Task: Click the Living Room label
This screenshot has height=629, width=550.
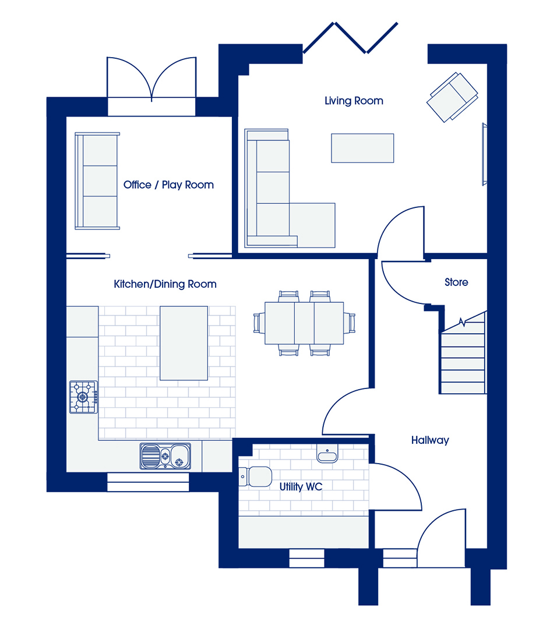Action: pyautogui.click(x=354, y=101)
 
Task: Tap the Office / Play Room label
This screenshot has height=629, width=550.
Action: pyautogui.click(x=168, y=185)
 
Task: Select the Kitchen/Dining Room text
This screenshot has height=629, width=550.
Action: pyautogui.click(x=165, y=284)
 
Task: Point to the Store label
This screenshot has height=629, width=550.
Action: pyautogui.click(x=456, y=282)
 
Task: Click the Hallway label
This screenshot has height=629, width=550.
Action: pyautogui.click(x=430, y=440)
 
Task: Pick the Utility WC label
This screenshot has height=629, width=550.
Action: pyautogui.click(x=301, y=486)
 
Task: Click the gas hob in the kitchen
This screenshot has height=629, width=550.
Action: pyautogui.click(x=83, y=397)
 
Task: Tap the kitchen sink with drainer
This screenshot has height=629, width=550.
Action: pyautogui.click(x=165, y=456)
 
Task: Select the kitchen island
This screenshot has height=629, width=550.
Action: pyautogui.click(x=184, y=343)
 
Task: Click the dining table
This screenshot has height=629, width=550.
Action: pyautogui.click(x=304, y=323)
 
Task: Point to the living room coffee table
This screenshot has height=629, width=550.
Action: pyautogui.click(x=362, y=148)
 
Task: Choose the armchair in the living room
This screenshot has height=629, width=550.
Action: pyautogui.click(x=452, y=97)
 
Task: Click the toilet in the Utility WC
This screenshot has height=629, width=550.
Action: pyautogui.click(x=255, y=476)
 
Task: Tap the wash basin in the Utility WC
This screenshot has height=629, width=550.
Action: pyautogui.click(x=327, y=453)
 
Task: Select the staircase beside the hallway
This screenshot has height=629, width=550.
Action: pyautogui.click(x=463, y=352)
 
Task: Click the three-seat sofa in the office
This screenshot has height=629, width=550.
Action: pyautogui.click(x=97, y=181)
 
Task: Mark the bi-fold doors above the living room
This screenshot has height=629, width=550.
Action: pyautogui.click(x=350, y=38)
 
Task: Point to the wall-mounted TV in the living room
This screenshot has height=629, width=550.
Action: pyautogui.click(x=485, y=154)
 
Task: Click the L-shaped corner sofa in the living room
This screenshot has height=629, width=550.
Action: pyautogui.click(x=289, y=189)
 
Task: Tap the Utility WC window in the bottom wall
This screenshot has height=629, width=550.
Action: pyautogui.click(x=306, y=558)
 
